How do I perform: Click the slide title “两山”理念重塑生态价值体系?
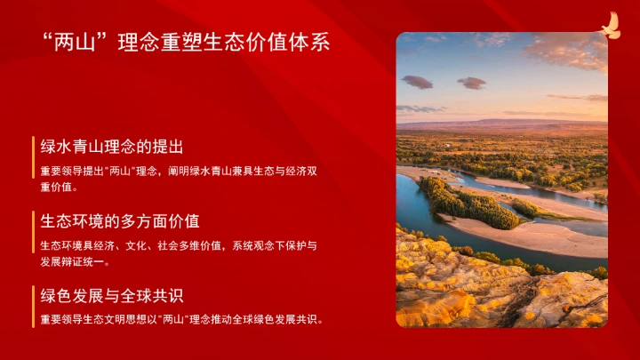point(186,43)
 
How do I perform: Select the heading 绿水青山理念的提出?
point(112,147)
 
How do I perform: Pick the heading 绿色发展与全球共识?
point(112,295)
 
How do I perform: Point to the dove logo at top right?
point(609,26)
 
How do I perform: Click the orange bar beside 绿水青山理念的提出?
point(34,166)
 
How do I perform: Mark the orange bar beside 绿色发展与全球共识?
point(34,307)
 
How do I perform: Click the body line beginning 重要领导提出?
point(178,171)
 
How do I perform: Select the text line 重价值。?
point(60,188)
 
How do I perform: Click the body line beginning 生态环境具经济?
point(178,245)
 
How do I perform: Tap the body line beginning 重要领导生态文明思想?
point(181,319)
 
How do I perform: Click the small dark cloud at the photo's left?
point(416,81)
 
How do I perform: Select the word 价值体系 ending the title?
point(298,43)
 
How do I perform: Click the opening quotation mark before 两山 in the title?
point(48,38)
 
